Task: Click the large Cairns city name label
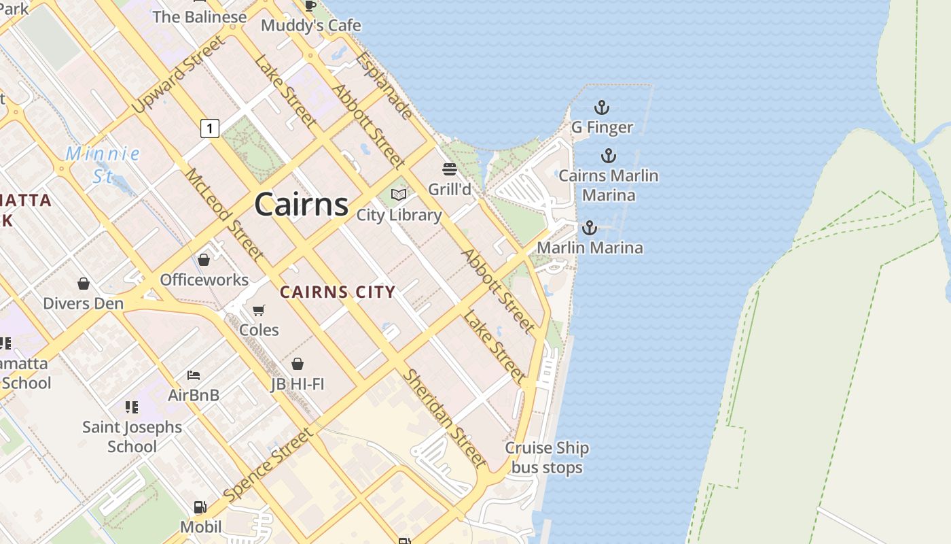tap(302, 204)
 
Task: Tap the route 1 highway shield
tap(210, 127)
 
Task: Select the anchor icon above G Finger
tap(601, 107)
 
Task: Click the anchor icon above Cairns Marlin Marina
tap(608, 156)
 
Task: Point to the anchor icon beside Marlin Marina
tap(589, 228)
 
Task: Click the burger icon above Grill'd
tap(450, 169)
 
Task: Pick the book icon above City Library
tap(399, 195)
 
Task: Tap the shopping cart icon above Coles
tap(259, 310)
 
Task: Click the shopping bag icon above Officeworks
tap(204, 260)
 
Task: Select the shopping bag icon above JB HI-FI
tap(297, 364)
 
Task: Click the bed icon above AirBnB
tap(194, 375)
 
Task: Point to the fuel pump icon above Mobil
tap(200, 507)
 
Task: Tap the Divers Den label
tap(84, 303)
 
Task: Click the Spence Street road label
tap(269, 465)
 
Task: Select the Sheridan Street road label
tap(445, 418)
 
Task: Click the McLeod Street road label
tap(224, 214)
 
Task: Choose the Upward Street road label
tap(178, 75)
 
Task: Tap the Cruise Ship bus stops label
tap(547, 458)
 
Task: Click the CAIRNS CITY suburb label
tap(338, 292)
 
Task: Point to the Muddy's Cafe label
tap(311, 25)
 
